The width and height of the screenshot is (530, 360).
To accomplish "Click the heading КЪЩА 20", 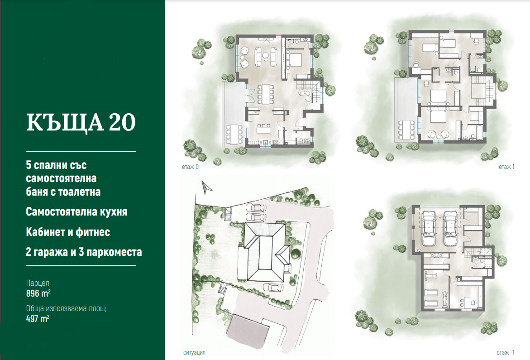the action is (81, 122).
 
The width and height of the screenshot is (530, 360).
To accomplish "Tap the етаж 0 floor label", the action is (190, 167).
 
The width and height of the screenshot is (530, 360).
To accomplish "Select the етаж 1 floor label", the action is (506, 167).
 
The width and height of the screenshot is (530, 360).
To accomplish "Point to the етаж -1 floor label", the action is (505, 352).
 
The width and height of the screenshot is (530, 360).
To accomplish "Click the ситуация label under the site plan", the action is (194, 353).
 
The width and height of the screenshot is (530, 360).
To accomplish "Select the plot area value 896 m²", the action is (38, 293).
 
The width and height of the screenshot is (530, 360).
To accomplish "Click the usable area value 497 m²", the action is (38, 318).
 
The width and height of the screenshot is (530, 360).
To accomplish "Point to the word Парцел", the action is (38, 283).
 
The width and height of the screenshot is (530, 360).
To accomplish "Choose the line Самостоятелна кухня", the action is (76, 212).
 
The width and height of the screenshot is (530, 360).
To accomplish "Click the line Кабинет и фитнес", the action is (68, 232).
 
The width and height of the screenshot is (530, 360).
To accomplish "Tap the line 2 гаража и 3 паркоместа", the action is (84, 252).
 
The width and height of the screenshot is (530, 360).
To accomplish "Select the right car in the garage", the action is (450, 229).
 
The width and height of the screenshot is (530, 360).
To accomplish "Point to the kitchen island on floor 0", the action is (264, 130).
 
